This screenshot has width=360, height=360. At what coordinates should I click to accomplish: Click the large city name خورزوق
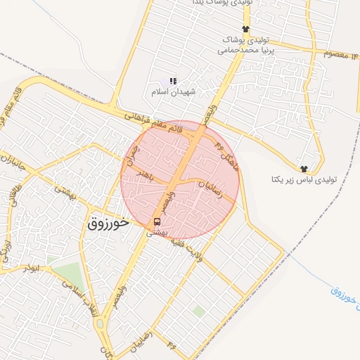[x=108, y=224]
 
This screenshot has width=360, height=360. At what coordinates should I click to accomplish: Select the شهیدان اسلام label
[x=173, y=92]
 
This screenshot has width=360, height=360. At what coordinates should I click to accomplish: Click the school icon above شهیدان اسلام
[x=173, y=82]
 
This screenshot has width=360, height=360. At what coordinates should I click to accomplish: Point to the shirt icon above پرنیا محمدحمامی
[x=245, y=29]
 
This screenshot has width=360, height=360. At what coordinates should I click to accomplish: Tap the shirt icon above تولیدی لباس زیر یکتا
[x=304, y=169]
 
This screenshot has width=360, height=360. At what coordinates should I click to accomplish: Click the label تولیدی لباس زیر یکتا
[x=304, y=180]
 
